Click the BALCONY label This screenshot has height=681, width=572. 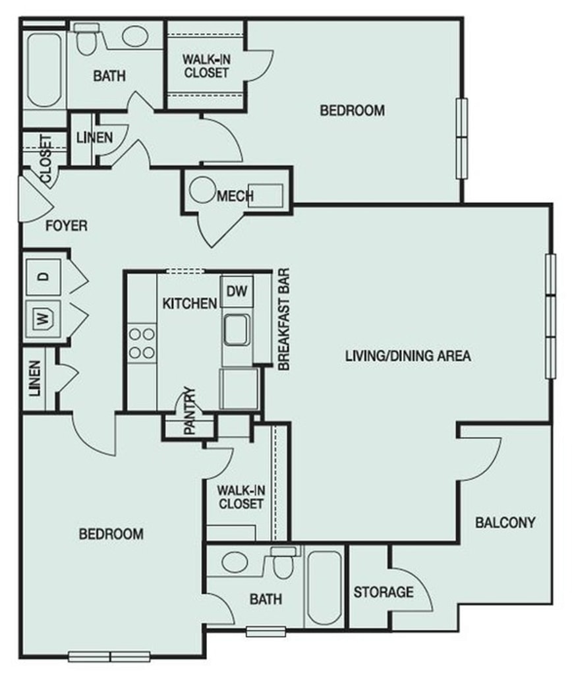(x=505, y=522)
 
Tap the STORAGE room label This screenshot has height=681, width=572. (x=384, y=592)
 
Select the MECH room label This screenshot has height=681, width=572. (x=235, y=196)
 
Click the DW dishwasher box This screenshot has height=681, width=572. (x=237, y=291)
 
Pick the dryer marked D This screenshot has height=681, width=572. (x=43, y=277)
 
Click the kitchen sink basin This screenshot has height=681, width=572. (x=237, y=330)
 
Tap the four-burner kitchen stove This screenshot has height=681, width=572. (x=142, y=343)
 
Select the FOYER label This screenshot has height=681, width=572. (x=67, y=226)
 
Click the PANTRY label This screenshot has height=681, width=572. (x=190, y=411)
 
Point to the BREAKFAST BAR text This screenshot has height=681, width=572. (x=283, y=319)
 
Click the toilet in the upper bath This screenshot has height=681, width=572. (x=87, y=39)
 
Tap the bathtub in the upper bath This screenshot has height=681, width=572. (x=44, y=69)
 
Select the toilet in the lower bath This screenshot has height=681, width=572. (x=283, y=563)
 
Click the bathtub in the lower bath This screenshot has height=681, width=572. (x=324, y=588)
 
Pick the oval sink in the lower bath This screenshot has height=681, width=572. (x=235, y=562)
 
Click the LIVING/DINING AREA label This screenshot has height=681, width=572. (x=408, y=356)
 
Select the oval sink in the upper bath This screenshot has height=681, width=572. (x=135, y=36)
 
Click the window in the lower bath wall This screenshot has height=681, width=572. (x=266, y=632)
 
